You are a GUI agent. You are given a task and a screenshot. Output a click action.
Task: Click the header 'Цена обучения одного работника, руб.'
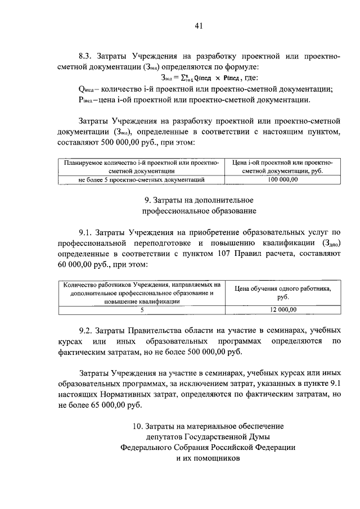[282, 292]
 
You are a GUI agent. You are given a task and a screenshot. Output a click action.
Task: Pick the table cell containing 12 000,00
[282, 309]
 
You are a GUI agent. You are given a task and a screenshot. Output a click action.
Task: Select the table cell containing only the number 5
[142, 309]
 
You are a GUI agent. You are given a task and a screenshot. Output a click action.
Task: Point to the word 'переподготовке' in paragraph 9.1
[151, 243]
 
